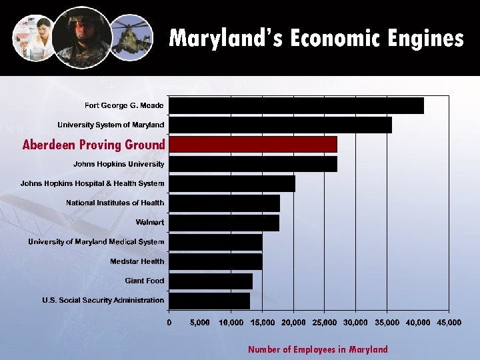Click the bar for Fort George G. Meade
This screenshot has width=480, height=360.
(296, 105)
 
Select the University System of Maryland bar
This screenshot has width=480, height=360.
(280, 125)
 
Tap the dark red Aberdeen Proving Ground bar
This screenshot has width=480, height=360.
(253, 144)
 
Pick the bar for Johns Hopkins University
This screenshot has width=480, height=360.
(253, 164)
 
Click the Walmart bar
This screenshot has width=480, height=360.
(224, 222)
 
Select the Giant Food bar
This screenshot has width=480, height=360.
(211, 281)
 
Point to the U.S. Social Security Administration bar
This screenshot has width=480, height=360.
(209, 301)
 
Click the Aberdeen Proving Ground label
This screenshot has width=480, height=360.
(93, 144)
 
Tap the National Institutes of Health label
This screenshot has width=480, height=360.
(115, 203)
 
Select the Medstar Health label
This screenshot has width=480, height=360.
(137, 261)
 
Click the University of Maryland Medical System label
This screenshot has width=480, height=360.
(96, 242)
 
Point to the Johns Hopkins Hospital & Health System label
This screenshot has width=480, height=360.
(92, 183)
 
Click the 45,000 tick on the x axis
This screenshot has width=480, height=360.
(449, 323)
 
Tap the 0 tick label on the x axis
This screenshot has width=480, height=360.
(169, 323)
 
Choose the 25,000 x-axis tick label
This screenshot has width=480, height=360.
(324, 323)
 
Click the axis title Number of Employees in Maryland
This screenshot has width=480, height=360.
(317, 349)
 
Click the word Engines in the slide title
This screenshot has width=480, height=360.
(422, 38)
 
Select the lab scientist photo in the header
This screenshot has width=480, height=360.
(33, 37)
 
